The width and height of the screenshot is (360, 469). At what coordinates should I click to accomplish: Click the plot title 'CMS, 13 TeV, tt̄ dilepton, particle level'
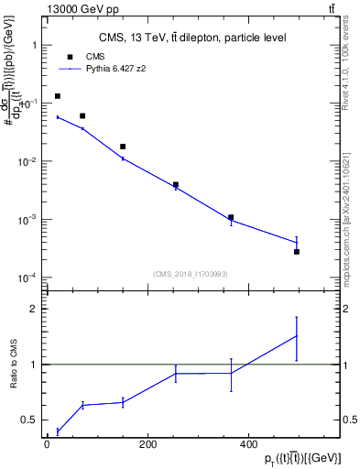(x=192, y=38)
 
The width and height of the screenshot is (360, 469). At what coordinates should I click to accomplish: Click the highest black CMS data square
(x=58, y=96)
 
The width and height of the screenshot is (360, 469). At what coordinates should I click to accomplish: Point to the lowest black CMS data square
(x=297, y=251)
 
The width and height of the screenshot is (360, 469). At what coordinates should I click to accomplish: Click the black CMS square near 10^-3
(x=231, y=217)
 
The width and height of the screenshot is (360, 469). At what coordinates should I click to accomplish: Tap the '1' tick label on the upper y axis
(x=33, y=45)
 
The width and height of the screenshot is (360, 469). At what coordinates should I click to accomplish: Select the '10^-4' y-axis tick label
(x=28, y=278)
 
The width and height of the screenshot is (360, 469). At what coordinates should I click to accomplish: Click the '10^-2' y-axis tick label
(x=28, y=161)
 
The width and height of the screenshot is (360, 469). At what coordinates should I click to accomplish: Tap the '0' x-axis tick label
(x=46, y=444)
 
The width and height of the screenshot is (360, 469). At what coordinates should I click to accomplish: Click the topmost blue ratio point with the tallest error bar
(x=297, y=335)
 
